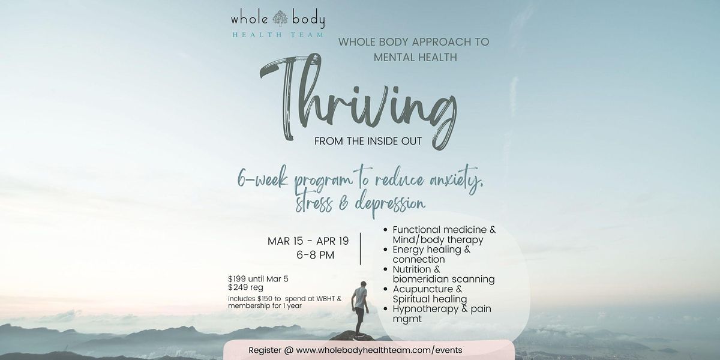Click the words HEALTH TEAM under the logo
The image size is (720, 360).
click(x=277, y=35)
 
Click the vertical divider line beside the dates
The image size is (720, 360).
click(x=361, y=248)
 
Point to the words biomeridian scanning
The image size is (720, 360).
click(x=443, y=279)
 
